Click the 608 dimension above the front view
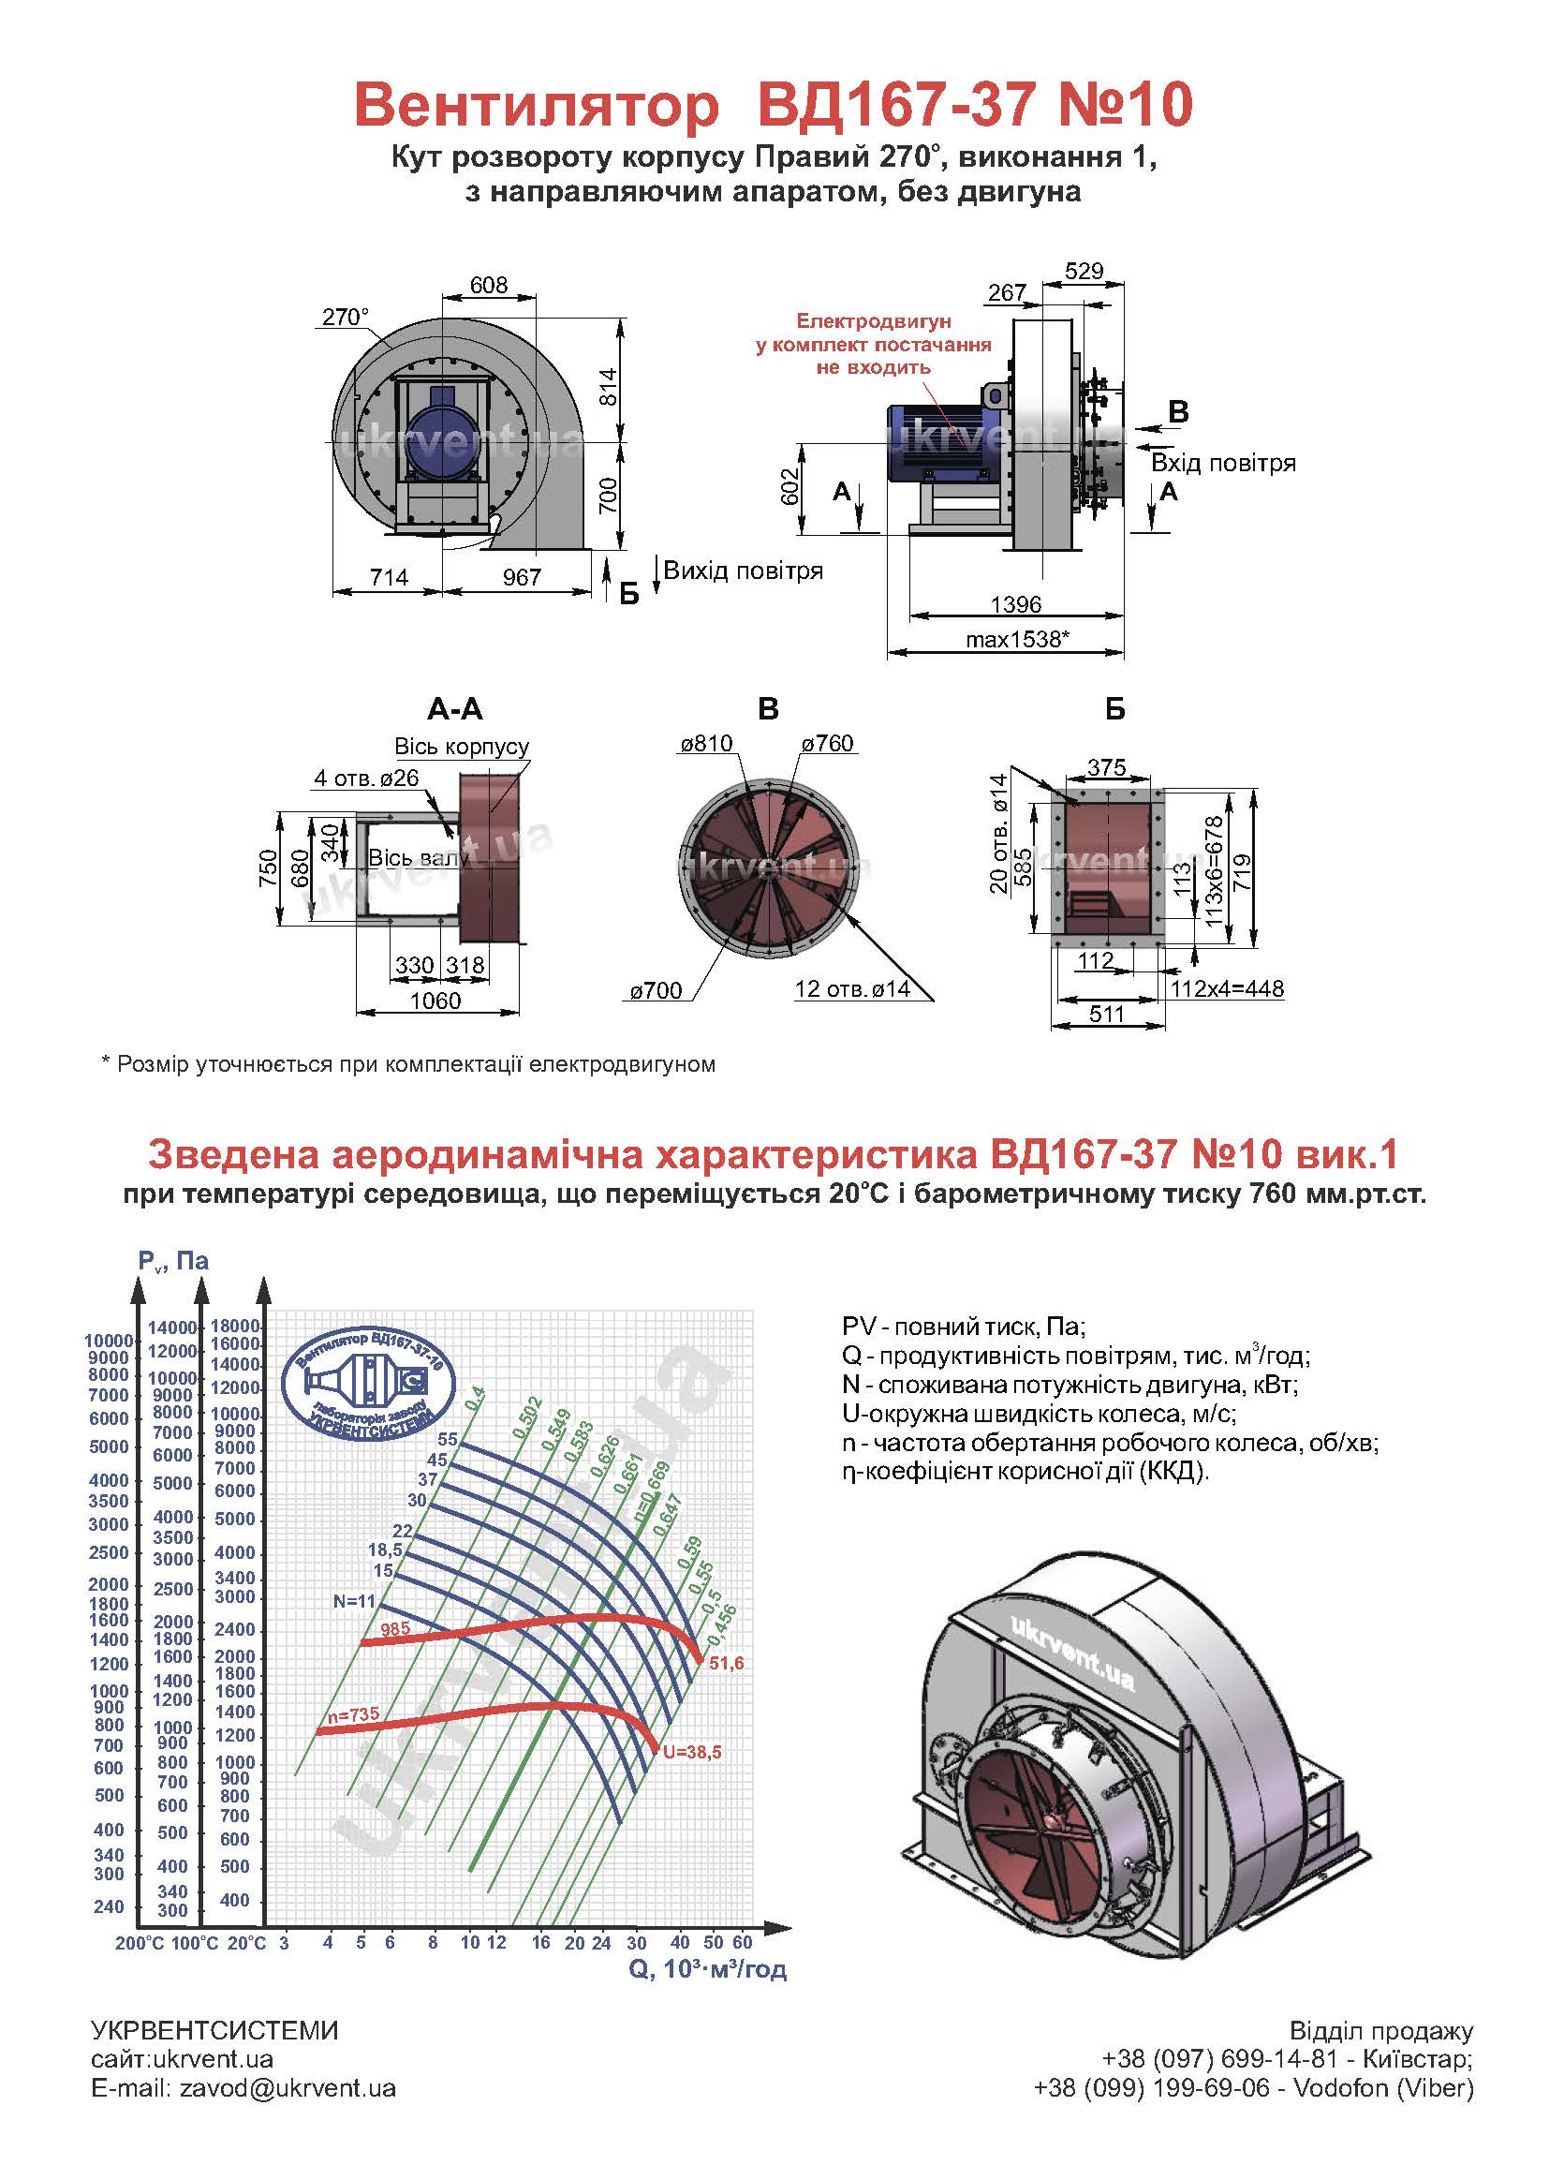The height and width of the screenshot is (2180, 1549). (x=488, y=285)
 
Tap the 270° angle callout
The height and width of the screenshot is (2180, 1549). (x=345, y=317)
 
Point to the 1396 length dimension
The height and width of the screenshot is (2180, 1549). (x=1016, y=604)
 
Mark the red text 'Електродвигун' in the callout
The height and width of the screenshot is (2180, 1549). (x=874, y=321)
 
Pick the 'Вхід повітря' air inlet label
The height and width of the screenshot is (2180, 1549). (x=1223, y=464)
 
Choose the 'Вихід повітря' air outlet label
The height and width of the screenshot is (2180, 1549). (x=743, y=571)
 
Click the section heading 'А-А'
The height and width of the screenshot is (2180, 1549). (x=455, y=709)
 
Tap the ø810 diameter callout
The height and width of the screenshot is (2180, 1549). (x=706, y=743)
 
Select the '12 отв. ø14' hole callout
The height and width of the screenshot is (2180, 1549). (x=853, y=989)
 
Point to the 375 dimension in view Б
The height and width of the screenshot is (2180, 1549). (x=1106, y=767)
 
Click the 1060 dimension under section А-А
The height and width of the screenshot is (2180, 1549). (x=435, y=1001)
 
